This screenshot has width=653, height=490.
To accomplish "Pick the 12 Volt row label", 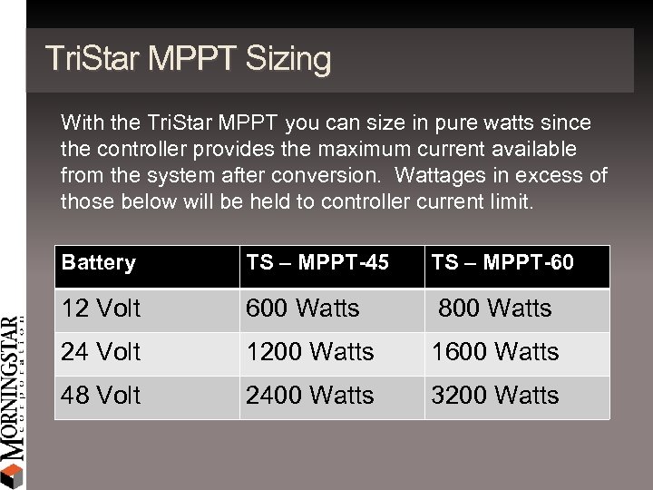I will [101, 309].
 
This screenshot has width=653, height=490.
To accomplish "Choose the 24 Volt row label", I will [101, 352].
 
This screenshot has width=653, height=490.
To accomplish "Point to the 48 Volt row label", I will [101, 396].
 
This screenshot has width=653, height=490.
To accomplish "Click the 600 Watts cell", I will [303, 309].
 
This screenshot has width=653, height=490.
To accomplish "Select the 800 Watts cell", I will [494, 309].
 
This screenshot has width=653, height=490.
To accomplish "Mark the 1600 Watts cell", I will [496, 352].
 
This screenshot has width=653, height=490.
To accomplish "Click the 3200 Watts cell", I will [496, 396].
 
